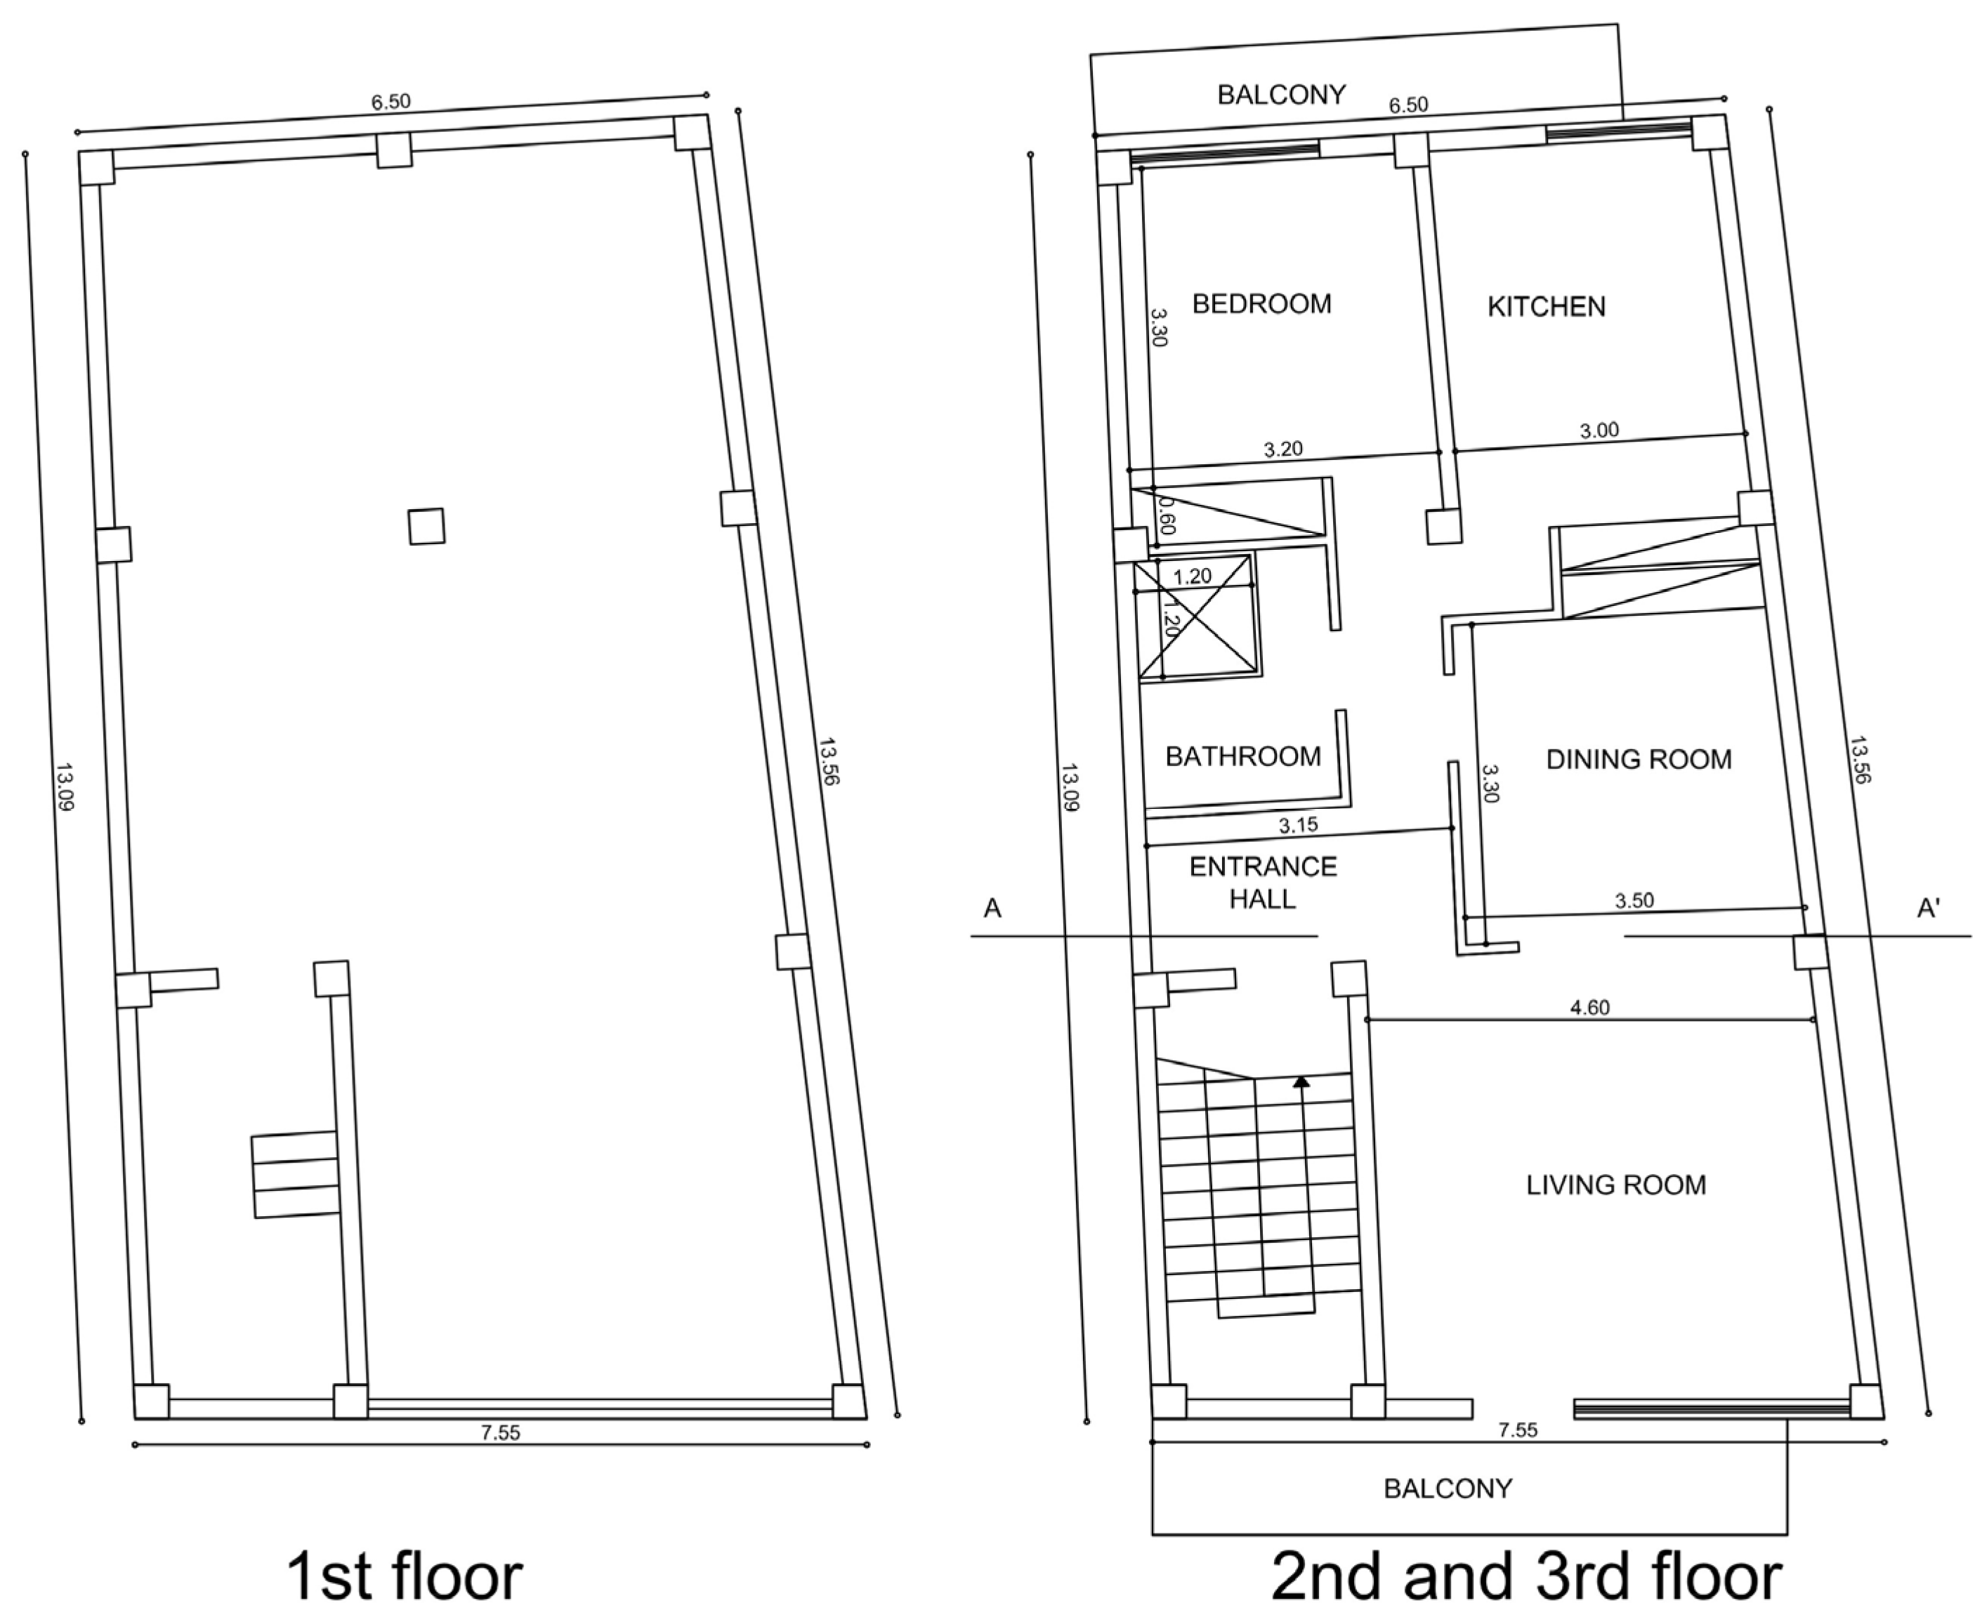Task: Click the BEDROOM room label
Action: click(x=1261, y=303)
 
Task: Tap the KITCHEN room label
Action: click(x=1547, y=306)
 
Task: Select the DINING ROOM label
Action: click(x=1639, y=758)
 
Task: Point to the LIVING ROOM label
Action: click(x=1617, y=1185)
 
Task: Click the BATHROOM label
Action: click(x=1244, y=756)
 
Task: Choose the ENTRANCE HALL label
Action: click(x=1264, y=883)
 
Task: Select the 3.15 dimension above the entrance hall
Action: click(x=1298, y=825)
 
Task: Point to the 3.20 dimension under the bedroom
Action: click(x=1283, y=449)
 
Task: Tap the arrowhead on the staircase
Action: click(x=1301, y=1082)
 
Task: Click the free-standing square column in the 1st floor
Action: click(x=426, y=526)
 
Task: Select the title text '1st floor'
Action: click(x=404, y=1576)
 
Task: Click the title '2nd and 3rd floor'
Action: click(x=1526, y=1576)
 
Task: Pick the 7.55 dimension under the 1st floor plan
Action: click(x=501, y=1433)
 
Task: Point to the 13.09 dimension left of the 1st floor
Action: click(x=63, y=786)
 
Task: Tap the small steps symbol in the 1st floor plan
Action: click(x=295, y=1175)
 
